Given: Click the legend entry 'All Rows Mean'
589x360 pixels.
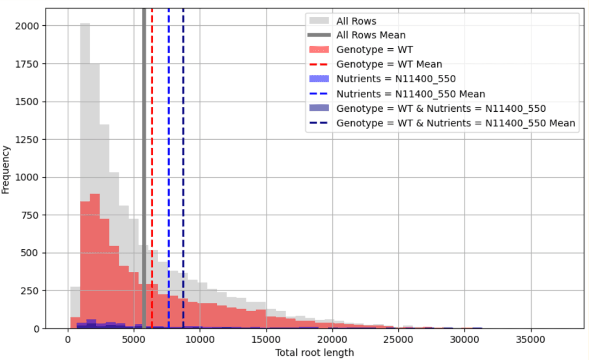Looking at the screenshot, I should [371, 35].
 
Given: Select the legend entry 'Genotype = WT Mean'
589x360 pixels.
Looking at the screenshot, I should [388, 64].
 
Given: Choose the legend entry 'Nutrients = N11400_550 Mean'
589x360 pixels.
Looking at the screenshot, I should [410, 94].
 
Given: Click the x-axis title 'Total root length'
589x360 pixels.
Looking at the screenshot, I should [314, 352].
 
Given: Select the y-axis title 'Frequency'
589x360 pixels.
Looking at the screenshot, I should [6, 170].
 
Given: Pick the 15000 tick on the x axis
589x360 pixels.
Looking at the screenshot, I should [266, 339].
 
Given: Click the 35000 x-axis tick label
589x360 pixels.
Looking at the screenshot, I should [531, 339].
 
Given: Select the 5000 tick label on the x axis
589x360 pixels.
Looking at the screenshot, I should [134, 339].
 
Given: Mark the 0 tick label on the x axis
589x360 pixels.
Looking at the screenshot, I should [68, 339].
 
